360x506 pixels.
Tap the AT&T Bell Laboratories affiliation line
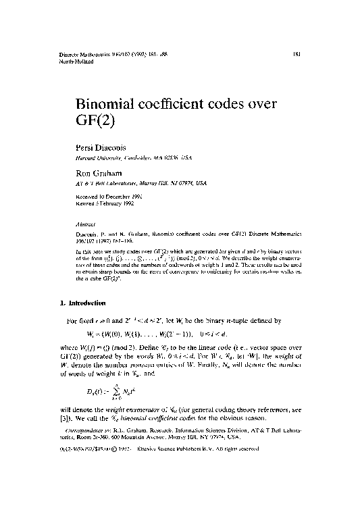pyautogui.click(x=140, y=183)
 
